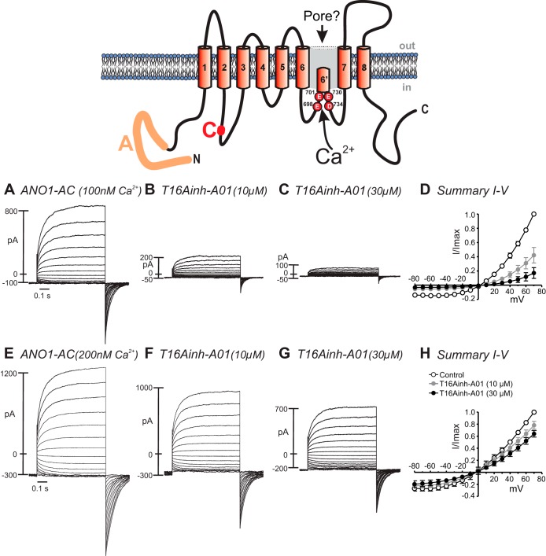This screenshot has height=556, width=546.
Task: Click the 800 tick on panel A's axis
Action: pos(11,212)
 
